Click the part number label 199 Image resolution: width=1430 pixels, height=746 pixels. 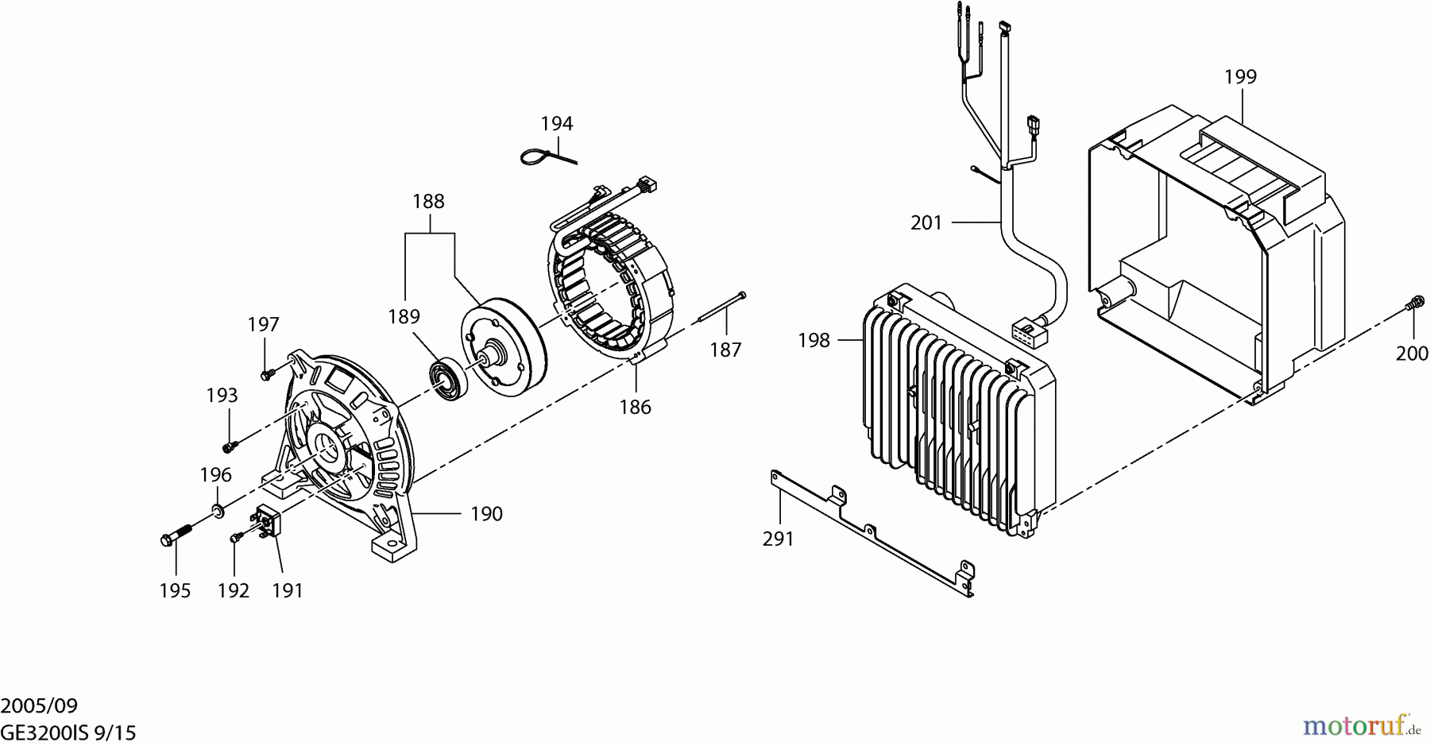pos(1240,77)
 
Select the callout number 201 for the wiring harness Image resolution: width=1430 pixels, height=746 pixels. pos(926,223)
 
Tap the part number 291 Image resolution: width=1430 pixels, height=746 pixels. pos(778,539)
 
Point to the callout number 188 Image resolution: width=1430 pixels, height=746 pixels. pos(428,202)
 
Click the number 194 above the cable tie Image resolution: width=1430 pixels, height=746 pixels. pos(556,124)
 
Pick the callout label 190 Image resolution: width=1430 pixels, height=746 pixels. pos(486,514)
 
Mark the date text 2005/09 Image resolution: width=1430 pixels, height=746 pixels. pos(39,705)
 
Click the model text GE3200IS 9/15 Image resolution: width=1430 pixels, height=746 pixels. pos(68,732)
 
